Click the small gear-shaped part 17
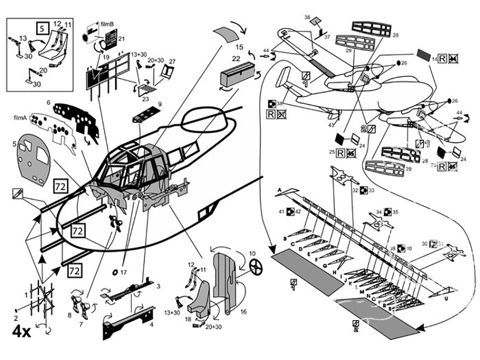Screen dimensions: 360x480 point(115,273)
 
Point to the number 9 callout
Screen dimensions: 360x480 point(159,104)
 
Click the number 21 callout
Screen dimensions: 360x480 point(121,39)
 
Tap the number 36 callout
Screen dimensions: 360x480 point(307,17)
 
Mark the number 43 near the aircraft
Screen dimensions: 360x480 point(331,125)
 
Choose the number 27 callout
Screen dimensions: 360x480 point(172,61)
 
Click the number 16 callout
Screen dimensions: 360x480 point(243,312)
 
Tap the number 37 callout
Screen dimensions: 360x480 point(327,36)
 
